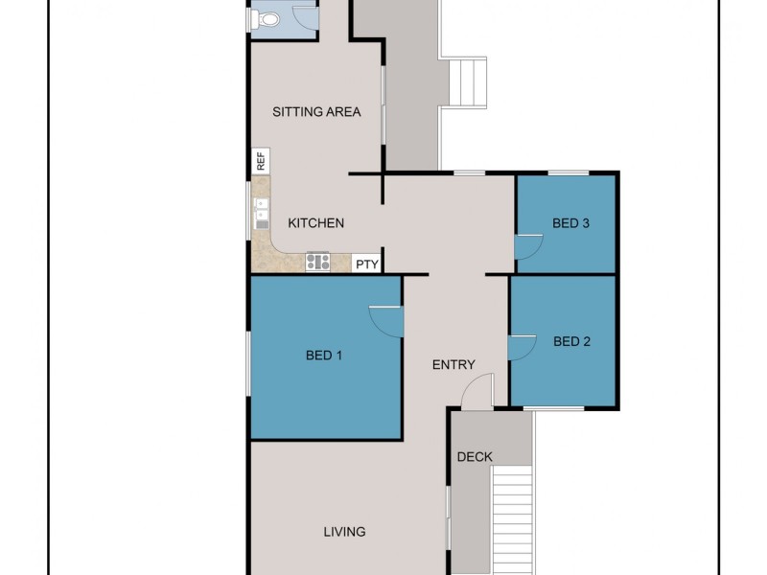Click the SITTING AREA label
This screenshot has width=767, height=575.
pyautogui.click(x=316, y=112)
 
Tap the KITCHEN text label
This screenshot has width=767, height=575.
pyautogui.click(x=316, y=223)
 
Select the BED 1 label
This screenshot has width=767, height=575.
pyautogui.click(x=324, y=356)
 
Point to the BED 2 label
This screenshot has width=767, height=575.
pyautogui.click(x=571, y=341)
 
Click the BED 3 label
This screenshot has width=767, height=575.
pyautogui.click(x=570, y=223)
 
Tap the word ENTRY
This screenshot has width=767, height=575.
pyautogui.click(x=453, y=364)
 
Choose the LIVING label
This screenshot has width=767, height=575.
pyautogui.click(x=344, y=532)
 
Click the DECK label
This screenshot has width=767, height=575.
pyautogui.click(x=474, y=457)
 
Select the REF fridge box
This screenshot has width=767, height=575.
pyautogui.click(x=260, y=161)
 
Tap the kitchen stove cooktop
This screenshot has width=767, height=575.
pyautogui.click(x=317, y=261)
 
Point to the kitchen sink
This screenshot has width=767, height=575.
pyautogui.click(x=260, y=215)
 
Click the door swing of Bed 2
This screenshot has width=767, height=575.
pyautogui.click(x=522, y=347)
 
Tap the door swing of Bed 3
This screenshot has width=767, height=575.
pyautogui.click(x=527, y=248)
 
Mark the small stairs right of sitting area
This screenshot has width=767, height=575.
pyautogui.click(x=469, y=83)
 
